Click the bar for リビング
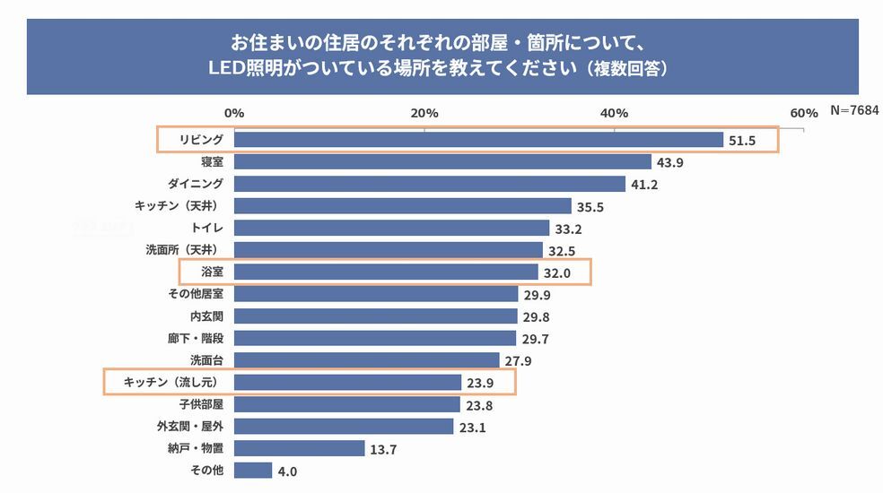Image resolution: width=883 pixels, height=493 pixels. [478, 140]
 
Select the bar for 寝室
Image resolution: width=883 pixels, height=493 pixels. [442, 161]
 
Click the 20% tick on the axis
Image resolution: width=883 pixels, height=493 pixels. [424, 113]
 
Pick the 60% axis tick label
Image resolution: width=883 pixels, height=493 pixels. [804, 113]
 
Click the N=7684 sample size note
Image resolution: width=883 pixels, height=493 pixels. [853, 110]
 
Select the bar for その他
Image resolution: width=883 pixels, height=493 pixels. [253, 470]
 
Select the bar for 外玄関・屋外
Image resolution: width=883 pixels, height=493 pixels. [344, 427]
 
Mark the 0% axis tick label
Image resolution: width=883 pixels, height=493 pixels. [234, 113]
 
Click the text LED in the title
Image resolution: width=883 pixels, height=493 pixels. [232, 68]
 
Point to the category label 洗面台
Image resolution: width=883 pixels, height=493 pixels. [206, 360]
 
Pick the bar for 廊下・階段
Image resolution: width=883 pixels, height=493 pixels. [375, 338]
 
